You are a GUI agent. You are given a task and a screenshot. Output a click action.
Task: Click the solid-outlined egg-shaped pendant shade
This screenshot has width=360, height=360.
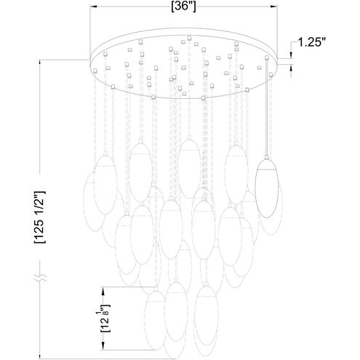(x=267, y=186)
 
